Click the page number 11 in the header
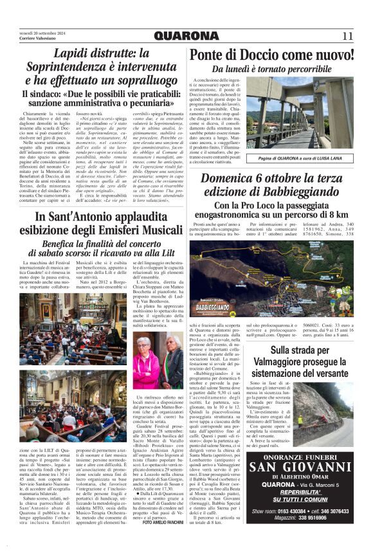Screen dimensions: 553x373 347,35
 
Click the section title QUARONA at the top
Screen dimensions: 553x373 186,35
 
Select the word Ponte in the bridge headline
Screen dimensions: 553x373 211,55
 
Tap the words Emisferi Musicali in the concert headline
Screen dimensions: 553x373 135,230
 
